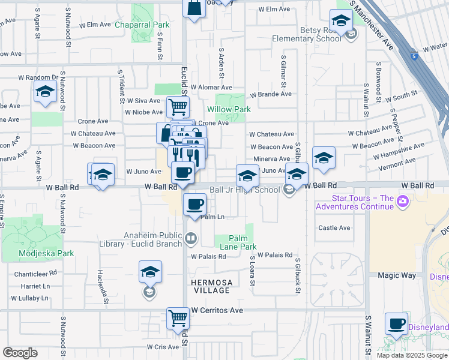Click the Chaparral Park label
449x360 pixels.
pos(142,25)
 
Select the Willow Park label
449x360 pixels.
pos(229,110)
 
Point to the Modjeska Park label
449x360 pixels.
pos(46,253)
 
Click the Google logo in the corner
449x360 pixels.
pos(20,353)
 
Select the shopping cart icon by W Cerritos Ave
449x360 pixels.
pos(178,318)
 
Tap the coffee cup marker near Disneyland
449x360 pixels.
pos(396,324)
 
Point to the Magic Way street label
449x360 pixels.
pos(396,275)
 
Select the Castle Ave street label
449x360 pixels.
pos(334,228)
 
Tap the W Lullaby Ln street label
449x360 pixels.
pos(28,298)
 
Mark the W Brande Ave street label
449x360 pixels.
pos(271,94)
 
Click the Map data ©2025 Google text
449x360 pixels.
pos(412,355)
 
